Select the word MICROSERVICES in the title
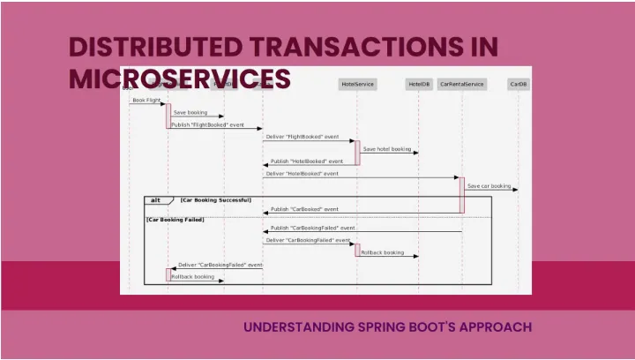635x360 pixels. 180,79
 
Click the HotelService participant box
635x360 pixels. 357,84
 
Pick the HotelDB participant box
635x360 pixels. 419,84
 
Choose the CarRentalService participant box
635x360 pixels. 462,84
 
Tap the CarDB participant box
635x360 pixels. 519,84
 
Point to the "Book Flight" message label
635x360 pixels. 146,101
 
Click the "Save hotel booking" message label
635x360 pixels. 387,149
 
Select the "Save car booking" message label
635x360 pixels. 489,186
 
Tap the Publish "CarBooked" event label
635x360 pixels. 304,209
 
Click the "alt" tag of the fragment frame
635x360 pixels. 156,200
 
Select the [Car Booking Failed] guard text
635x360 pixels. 176,219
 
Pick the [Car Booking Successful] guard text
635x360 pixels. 216,200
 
